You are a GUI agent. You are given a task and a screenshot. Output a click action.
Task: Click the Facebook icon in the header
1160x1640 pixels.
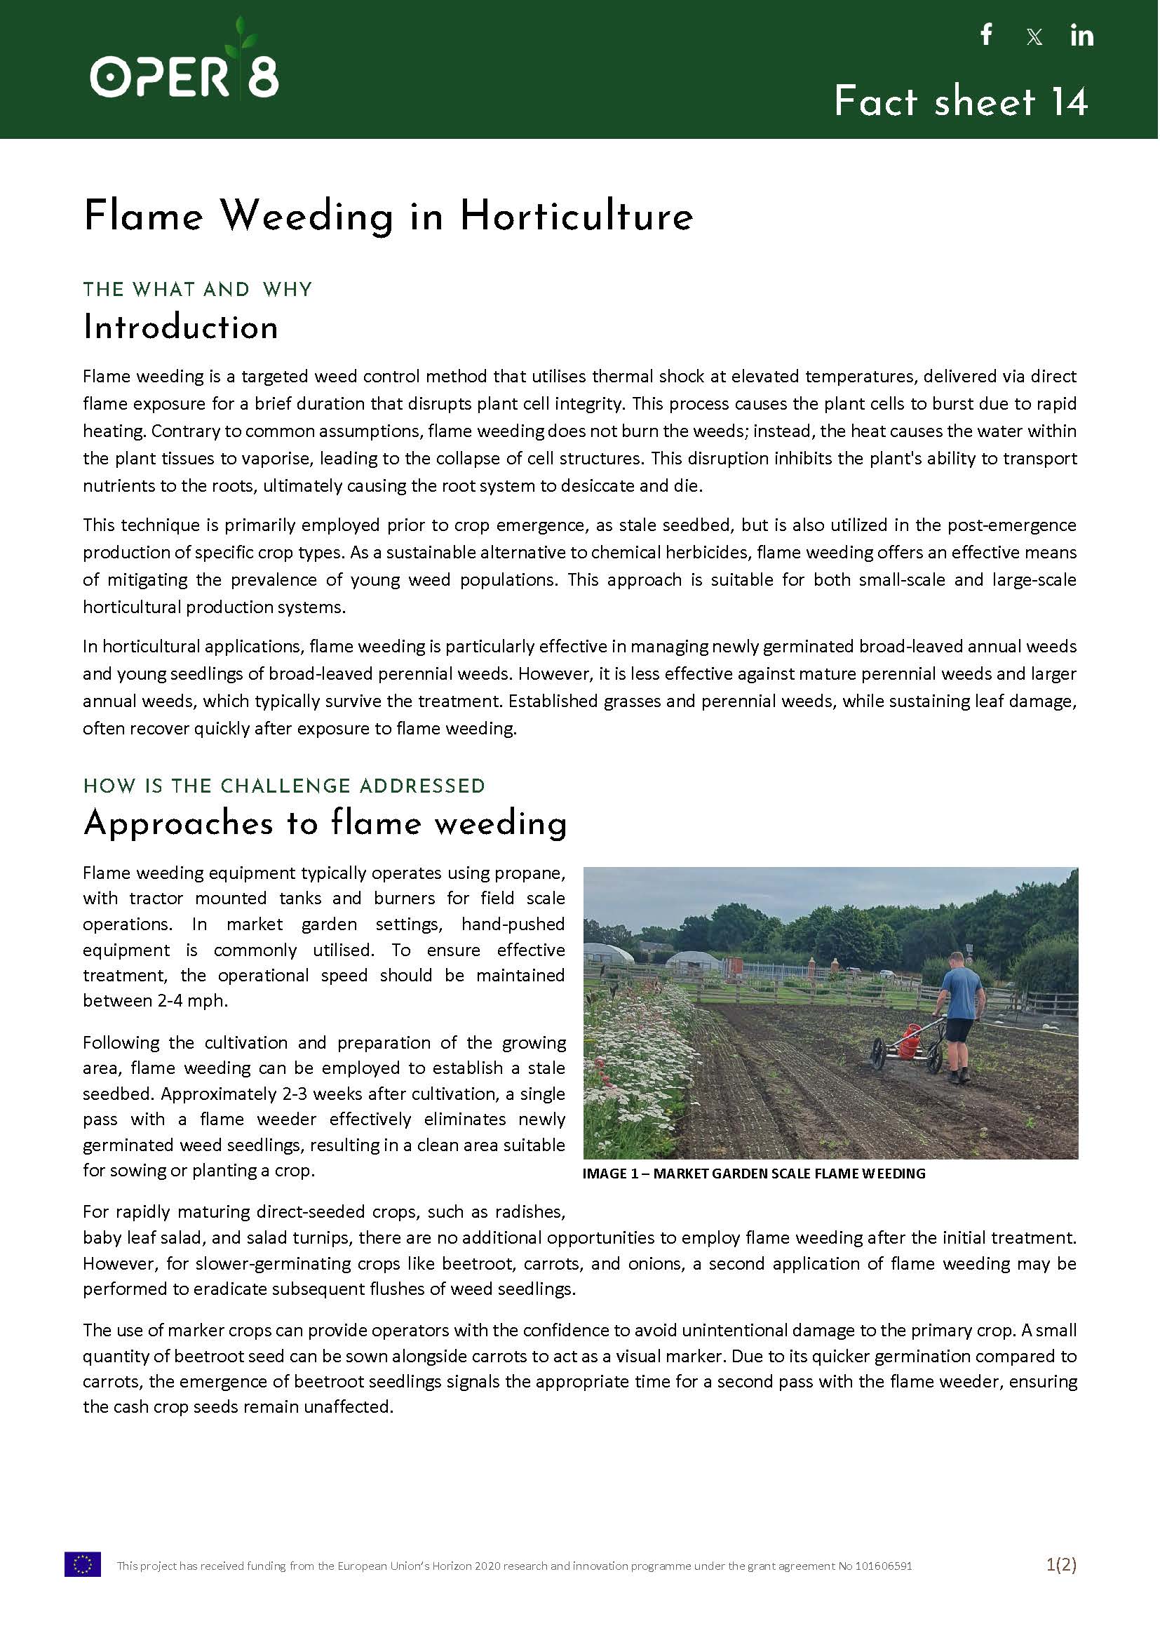coord(987,34)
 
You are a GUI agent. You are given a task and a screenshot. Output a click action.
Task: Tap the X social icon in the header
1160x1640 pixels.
coord(1034,36)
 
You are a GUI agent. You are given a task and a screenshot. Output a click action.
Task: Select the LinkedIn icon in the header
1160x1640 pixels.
coord(1081,35)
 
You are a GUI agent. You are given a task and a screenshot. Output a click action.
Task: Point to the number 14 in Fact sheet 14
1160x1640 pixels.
coord(1069,102)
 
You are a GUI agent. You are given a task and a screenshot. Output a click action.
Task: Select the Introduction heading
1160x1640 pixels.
coord(181,328)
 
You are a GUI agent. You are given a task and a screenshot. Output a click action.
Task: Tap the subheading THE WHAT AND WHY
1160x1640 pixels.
coord(197,289)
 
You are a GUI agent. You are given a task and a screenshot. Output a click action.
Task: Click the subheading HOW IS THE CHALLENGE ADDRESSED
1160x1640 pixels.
coord(283,786)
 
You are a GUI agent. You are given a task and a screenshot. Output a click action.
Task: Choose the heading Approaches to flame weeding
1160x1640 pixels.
coord(325,823)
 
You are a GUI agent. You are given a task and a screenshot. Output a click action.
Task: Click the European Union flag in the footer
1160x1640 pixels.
coord(83,1565)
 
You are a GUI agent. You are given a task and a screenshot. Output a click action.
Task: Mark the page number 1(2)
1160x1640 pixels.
coord(1060,1565)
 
